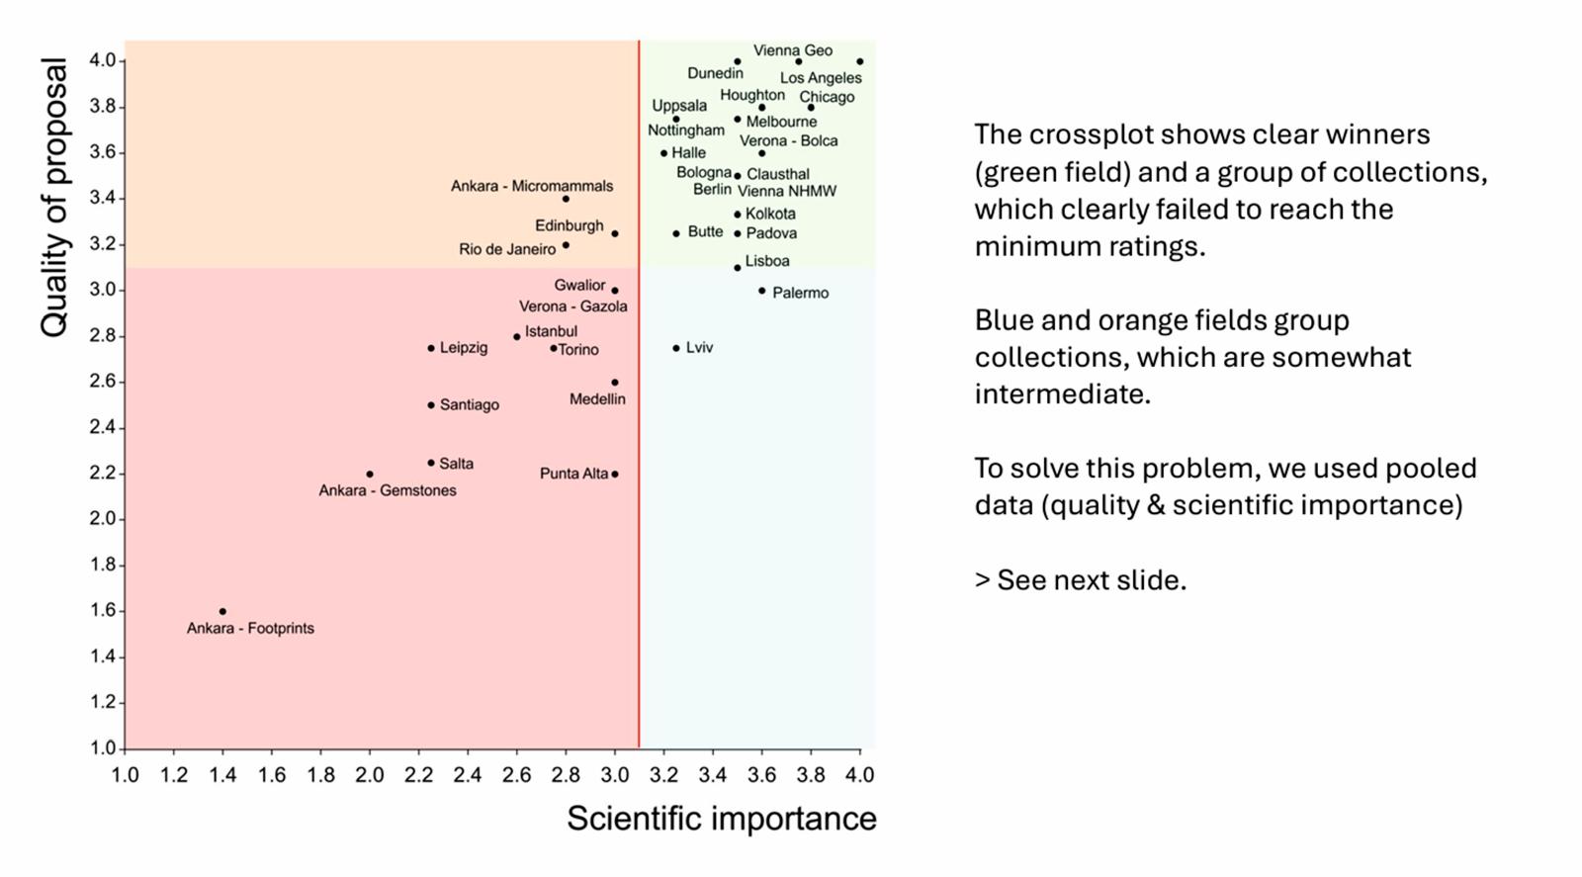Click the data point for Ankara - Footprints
click(222, 611)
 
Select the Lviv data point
click(676, 348)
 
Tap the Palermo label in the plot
click(800, 293)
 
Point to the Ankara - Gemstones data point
click(370, 474)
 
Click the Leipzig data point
click(431, 348)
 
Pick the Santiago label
click(469, 404)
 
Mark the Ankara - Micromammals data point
click(566, 199)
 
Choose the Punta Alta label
click(573, 474)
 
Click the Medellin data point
click(615, 382)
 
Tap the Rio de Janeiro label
click(507, 249)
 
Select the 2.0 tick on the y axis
click(104, 519)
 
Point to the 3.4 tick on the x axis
click(712, 775)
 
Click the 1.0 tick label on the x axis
click(125, 775)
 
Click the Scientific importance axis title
click(721, 819)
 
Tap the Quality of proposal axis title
click(54, 198)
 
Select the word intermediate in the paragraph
click(1062, 395)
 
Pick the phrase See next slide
click(1091, 580)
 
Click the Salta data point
click(431, 463)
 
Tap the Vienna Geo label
click(792, 50)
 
